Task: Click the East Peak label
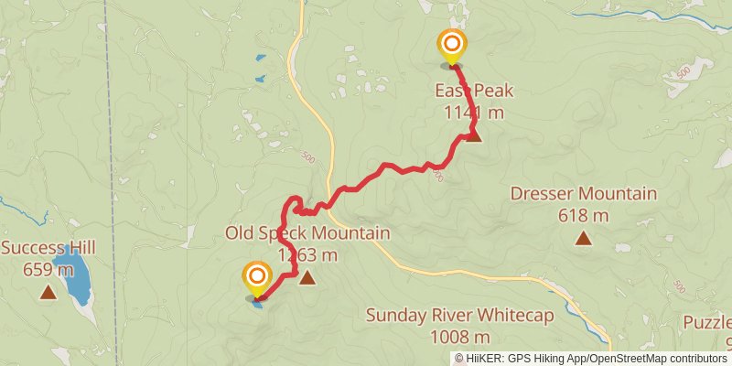(475, 91)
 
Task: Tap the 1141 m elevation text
(475, 113)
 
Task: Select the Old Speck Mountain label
(307, 233)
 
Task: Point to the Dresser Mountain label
(583, 194)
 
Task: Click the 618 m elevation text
(583, 216)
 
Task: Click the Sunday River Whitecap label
(460, 316)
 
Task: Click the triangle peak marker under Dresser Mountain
(583, 239)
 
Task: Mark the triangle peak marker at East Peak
(474, 135)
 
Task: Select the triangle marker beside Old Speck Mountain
(307, 277)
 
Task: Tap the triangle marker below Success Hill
(47, 293)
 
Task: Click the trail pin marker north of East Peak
(451, 46)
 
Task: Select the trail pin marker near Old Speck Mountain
(257, 278)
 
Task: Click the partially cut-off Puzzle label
(710, 323)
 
